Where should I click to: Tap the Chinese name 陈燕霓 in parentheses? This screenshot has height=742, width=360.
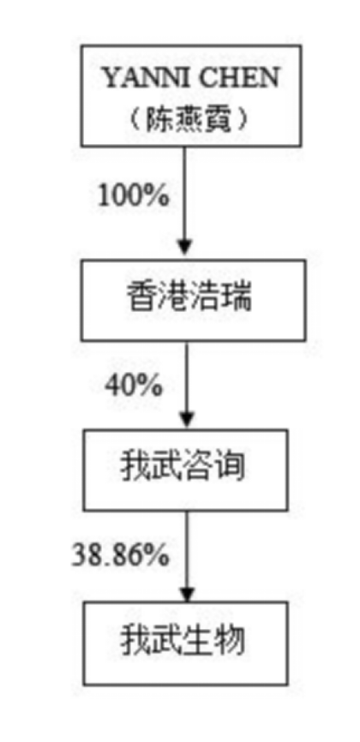[x=188, y=121]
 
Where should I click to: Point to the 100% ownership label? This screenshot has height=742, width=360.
[x=133, y=194]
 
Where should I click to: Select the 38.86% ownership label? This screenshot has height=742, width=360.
[x=120, y=554]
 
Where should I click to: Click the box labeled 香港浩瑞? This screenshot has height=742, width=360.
[x=193, y=300]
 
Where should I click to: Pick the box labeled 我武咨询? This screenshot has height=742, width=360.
[x=185, y=470]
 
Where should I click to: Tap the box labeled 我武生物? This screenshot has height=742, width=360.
[x=185, y=643]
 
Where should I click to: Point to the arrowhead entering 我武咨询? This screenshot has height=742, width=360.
[x=187, y=419]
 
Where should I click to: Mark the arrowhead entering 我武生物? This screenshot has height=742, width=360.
[x=187, y=591]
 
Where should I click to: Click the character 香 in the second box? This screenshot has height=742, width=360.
[x=142, y=298]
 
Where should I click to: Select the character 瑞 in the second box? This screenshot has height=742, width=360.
[x=237, y=298]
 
